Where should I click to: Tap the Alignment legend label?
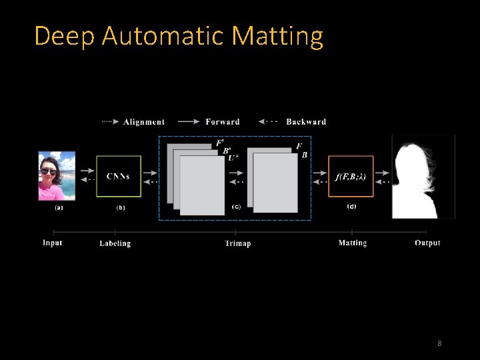click(143, 122)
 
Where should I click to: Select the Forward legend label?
click(223, 122)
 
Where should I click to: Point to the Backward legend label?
click(306, 122)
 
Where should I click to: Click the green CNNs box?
click(119, 177)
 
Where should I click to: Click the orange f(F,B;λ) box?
click(351, 177)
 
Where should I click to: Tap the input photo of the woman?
click(57, 176)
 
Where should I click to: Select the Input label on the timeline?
click(53, 243)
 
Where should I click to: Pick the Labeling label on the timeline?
click(115, 243)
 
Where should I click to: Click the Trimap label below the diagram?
click(237, 243)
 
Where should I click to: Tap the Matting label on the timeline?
click(353, 243)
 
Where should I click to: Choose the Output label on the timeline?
click(427, 243)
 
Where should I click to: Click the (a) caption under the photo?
click(59, 207)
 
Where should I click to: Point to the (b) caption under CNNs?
click(121, 207)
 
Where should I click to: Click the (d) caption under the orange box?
click(351, 207)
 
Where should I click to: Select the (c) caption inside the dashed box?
click(237, 207)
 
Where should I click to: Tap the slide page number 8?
click(439, 343)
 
